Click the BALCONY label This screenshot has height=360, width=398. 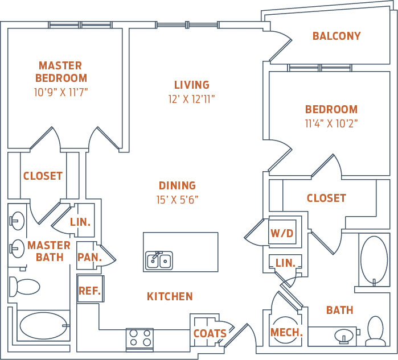(336, 36)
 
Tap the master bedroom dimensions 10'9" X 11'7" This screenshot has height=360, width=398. (61, 91)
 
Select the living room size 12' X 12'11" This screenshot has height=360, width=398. (191, 98)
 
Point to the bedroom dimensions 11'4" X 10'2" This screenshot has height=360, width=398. (331, 122)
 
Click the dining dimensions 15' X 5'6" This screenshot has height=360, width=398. (177, 199)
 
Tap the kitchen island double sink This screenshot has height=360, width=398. (159, 260)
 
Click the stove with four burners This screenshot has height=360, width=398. (139, 339)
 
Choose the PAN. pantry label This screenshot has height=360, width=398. (89, 257)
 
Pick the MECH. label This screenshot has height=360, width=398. (286, 333)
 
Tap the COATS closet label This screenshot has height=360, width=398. (210, 334)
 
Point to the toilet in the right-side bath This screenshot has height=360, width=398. (375, 332)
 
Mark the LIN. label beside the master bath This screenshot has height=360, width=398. (80, 222)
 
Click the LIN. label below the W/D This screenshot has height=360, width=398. (285, 263)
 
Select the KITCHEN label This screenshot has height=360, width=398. (170, 296)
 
